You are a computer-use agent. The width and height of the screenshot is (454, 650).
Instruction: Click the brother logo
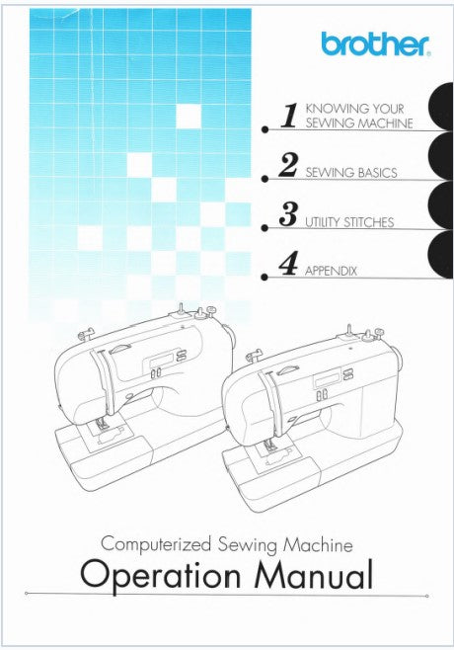click(375, 44)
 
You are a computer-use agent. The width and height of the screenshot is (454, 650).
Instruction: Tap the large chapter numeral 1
click(289, 116)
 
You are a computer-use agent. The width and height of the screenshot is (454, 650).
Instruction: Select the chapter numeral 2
click(288, 165)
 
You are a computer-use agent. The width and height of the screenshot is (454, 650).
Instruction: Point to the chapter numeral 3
click(288, 214)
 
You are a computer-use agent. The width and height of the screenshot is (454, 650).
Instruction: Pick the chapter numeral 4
click(288, 264)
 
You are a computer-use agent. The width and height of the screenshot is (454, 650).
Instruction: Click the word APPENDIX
click(331, 272)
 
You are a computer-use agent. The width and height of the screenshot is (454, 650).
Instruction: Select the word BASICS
click(377, 173)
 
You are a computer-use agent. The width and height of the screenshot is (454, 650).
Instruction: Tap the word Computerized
click(156, 544)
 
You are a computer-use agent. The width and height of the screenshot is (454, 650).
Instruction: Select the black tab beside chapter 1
click(440, 107)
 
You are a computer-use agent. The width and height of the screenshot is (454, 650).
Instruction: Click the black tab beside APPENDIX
click(440, 255)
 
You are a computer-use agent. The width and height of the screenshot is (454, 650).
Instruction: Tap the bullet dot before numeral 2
click(265, 179)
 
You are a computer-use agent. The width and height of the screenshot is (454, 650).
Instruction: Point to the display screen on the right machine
click(327, 378)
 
